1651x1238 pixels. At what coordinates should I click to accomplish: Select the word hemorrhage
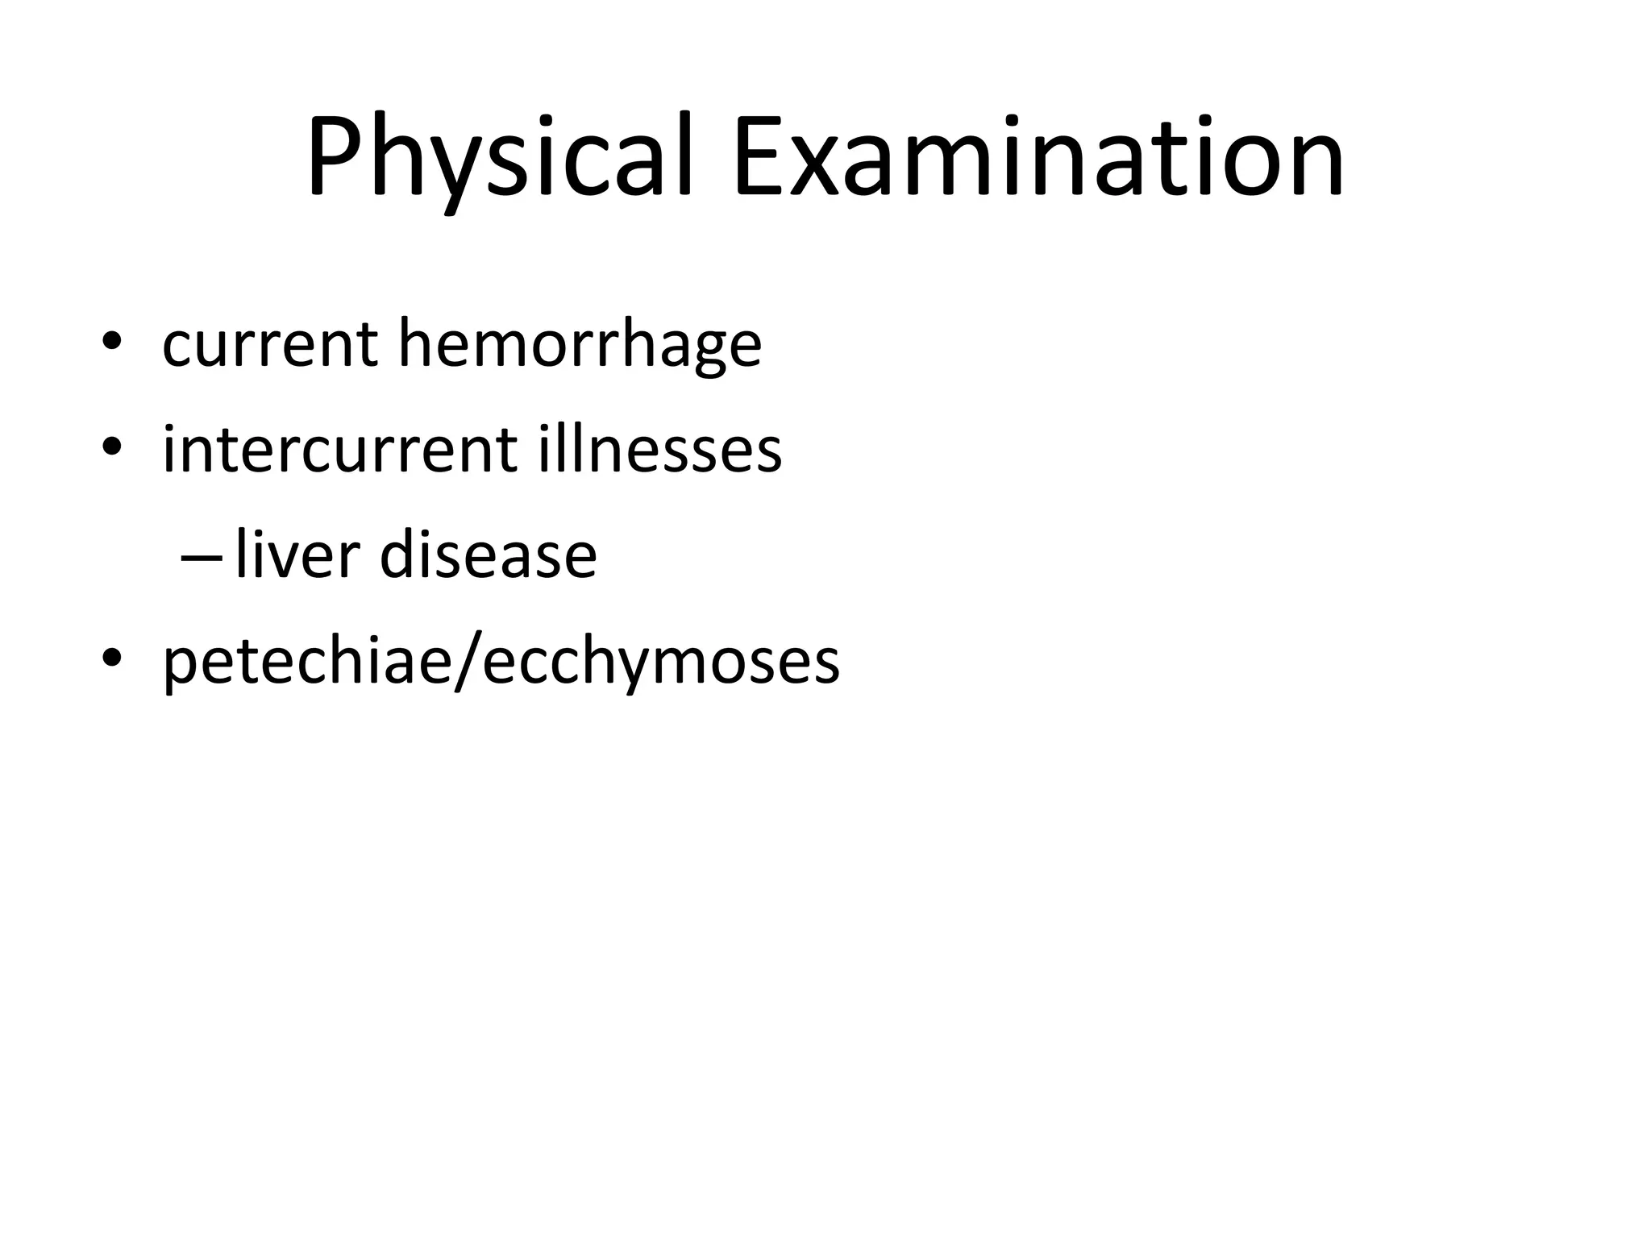click(x=580, y=345)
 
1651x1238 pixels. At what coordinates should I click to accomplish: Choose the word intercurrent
click(x=339, y=450)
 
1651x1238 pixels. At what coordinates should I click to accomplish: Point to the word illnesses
click(x=660, y=450)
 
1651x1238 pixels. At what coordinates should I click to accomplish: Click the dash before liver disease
click(x=201, y=559)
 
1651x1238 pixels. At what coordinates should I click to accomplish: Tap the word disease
click(x=488, y=555)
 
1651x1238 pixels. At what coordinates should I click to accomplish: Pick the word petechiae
click(x=306, y=663)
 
